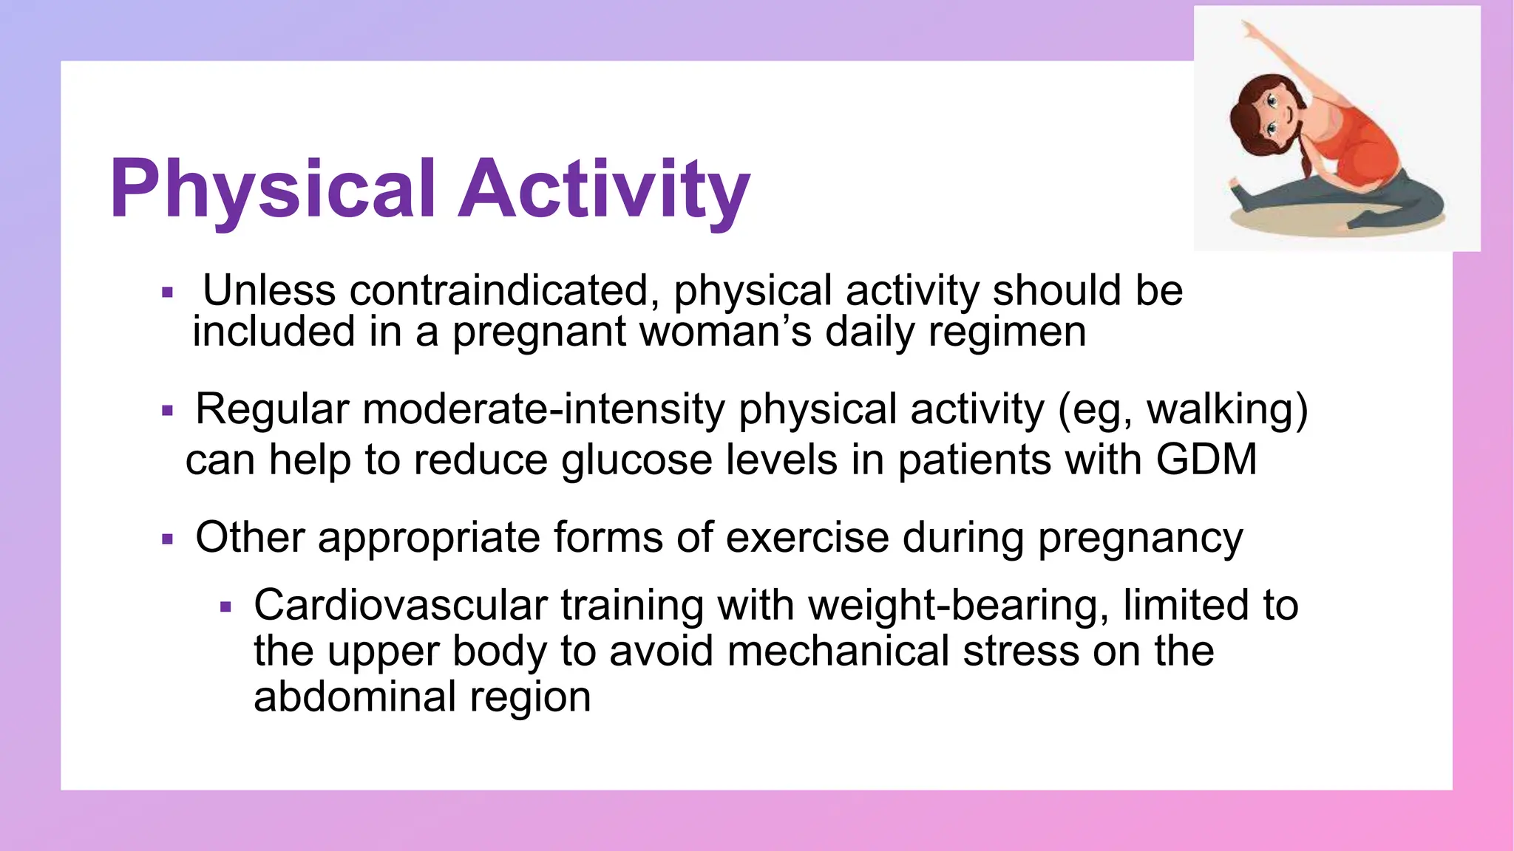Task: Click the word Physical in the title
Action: pos(274,190)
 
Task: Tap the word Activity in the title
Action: pos(604,190)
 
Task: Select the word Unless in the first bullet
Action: pos(269,290)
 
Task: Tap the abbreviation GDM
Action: pos(1206,459)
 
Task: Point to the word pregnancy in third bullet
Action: pos(1140,539)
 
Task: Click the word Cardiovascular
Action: pos(400,605)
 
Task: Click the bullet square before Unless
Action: pos(167,293)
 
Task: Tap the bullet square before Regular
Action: pos(167,411)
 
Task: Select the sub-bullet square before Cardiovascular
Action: pos(226,608)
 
